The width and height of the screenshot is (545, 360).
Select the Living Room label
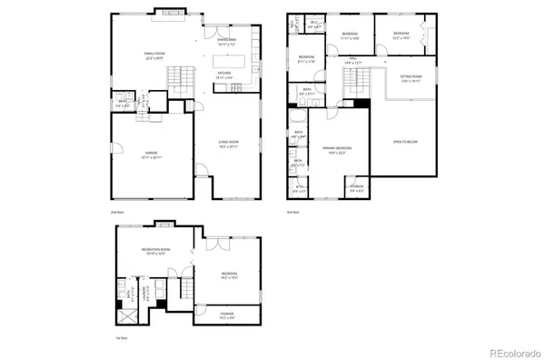click(228, 144)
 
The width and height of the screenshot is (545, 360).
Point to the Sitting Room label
click(411, 78)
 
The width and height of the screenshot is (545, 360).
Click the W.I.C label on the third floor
click(313, 25)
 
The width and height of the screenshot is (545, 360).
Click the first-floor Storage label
click(227, 315)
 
